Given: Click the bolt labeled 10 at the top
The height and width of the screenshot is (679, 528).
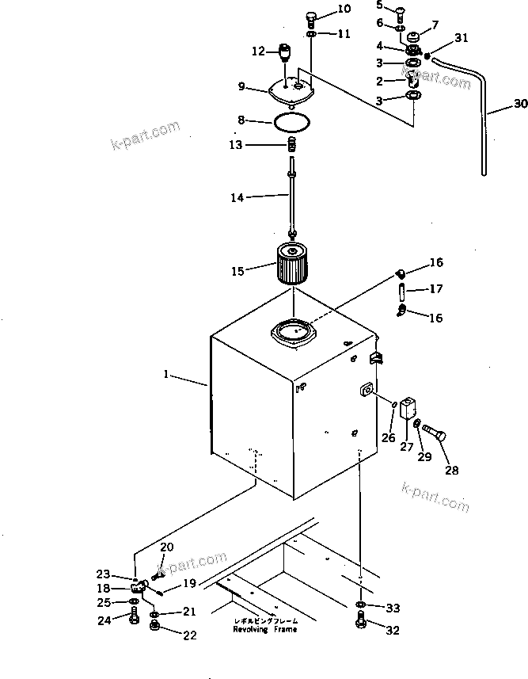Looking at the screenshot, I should tap(310, 17).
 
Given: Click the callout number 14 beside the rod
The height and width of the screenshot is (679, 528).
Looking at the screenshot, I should tap(237, 198).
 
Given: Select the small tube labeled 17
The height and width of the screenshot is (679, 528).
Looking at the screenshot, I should tap(401, 291).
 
